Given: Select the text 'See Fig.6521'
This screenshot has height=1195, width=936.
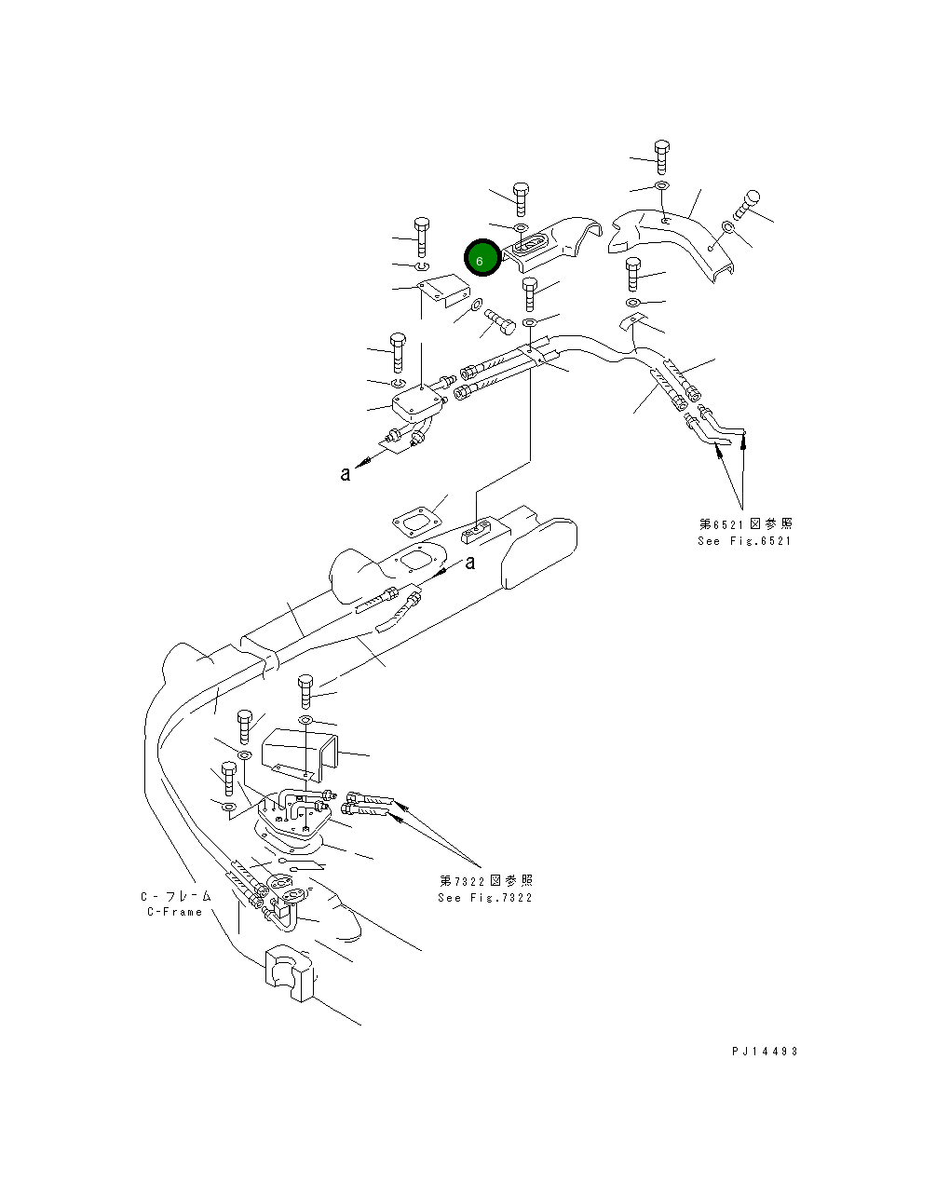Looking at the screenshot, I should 744,541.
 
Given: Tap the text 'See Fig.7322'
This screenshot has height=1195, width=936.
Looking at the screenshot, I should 485,898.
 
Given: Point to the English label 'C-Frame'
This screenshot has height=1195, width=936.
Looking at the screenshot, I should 174,912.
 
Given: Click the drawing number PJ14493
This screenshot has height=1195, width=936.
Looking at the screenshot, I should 765,1052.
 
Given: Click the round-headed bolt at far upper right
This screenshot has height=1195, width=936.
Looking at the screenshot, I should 752,202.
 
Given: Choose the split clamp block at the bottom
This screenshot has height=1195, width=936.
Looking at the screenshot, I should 289,973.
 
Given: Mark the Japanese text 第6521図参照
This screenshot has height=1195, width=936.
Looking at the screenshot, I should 746,524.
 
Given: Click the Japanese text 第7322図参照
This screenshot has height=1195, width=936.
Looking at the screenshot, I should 486,881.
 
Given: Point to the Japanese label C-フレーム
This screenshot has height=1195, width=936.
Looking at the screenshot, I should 176,896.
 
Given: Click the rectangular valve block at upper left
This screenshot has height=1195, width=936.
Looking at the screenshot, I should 415,404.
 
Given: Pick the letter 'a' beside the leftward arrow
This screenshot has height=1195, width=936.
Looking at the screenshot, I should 346,473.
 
